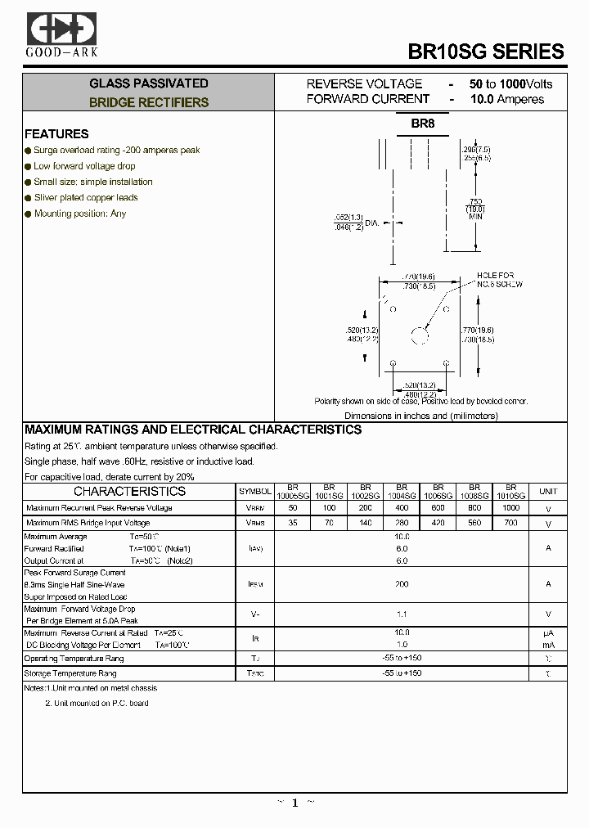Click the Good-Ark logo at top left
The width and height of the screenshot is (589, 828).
click(61, 34)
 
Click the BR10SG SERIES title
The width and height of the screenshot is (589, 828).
click(486, 51)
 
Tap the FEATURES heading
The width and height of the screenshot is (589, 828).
click(56, 134)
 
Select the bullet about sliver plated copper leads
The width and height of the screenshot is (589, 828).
click(86, 198)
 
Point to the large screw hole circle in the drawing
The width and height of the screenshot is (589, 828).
click(420, 335)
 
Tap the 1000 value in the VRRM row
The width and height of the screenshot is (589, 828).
click(510, 508)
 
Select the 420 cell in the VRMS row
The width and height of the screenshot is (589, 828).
click(438, 523)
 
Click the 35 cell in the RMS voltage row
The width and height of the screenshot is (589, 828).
click(293, 523)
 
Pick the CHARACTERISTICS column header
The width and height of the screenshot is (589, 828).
click(129, 492)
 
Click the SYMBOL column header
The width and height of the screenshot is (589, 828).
click(255, 492)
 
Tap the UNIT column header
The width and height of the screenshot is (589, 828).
click(547, 492)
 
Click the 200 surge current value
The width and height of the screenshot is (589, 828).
click(402, 584)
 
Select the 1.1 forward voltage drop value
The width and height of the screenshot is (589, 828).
click(402, 613)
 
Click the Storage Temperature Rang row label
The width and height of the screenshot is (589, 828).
click(70, 673)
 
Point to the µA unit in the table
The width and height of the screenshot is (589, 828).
click(548, 633)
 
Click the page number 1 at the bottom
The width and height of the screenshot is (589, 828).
click(294, 803)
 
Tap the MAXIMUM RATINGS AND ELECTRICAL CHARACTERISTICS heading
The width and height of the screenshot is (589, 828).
click(193, 430)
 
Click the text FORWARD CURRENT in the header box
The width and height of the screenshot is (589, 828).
click(368, 99)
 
